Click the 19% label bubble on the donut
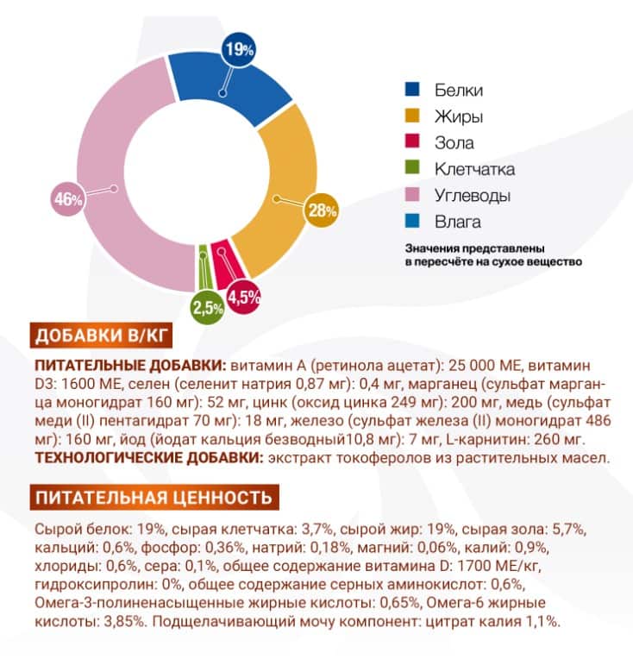pos(239,50)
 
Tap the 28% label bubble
pos(322,210)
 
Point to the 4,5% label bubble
pos(243,298)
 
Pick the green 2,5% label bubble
pos(208,307)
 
